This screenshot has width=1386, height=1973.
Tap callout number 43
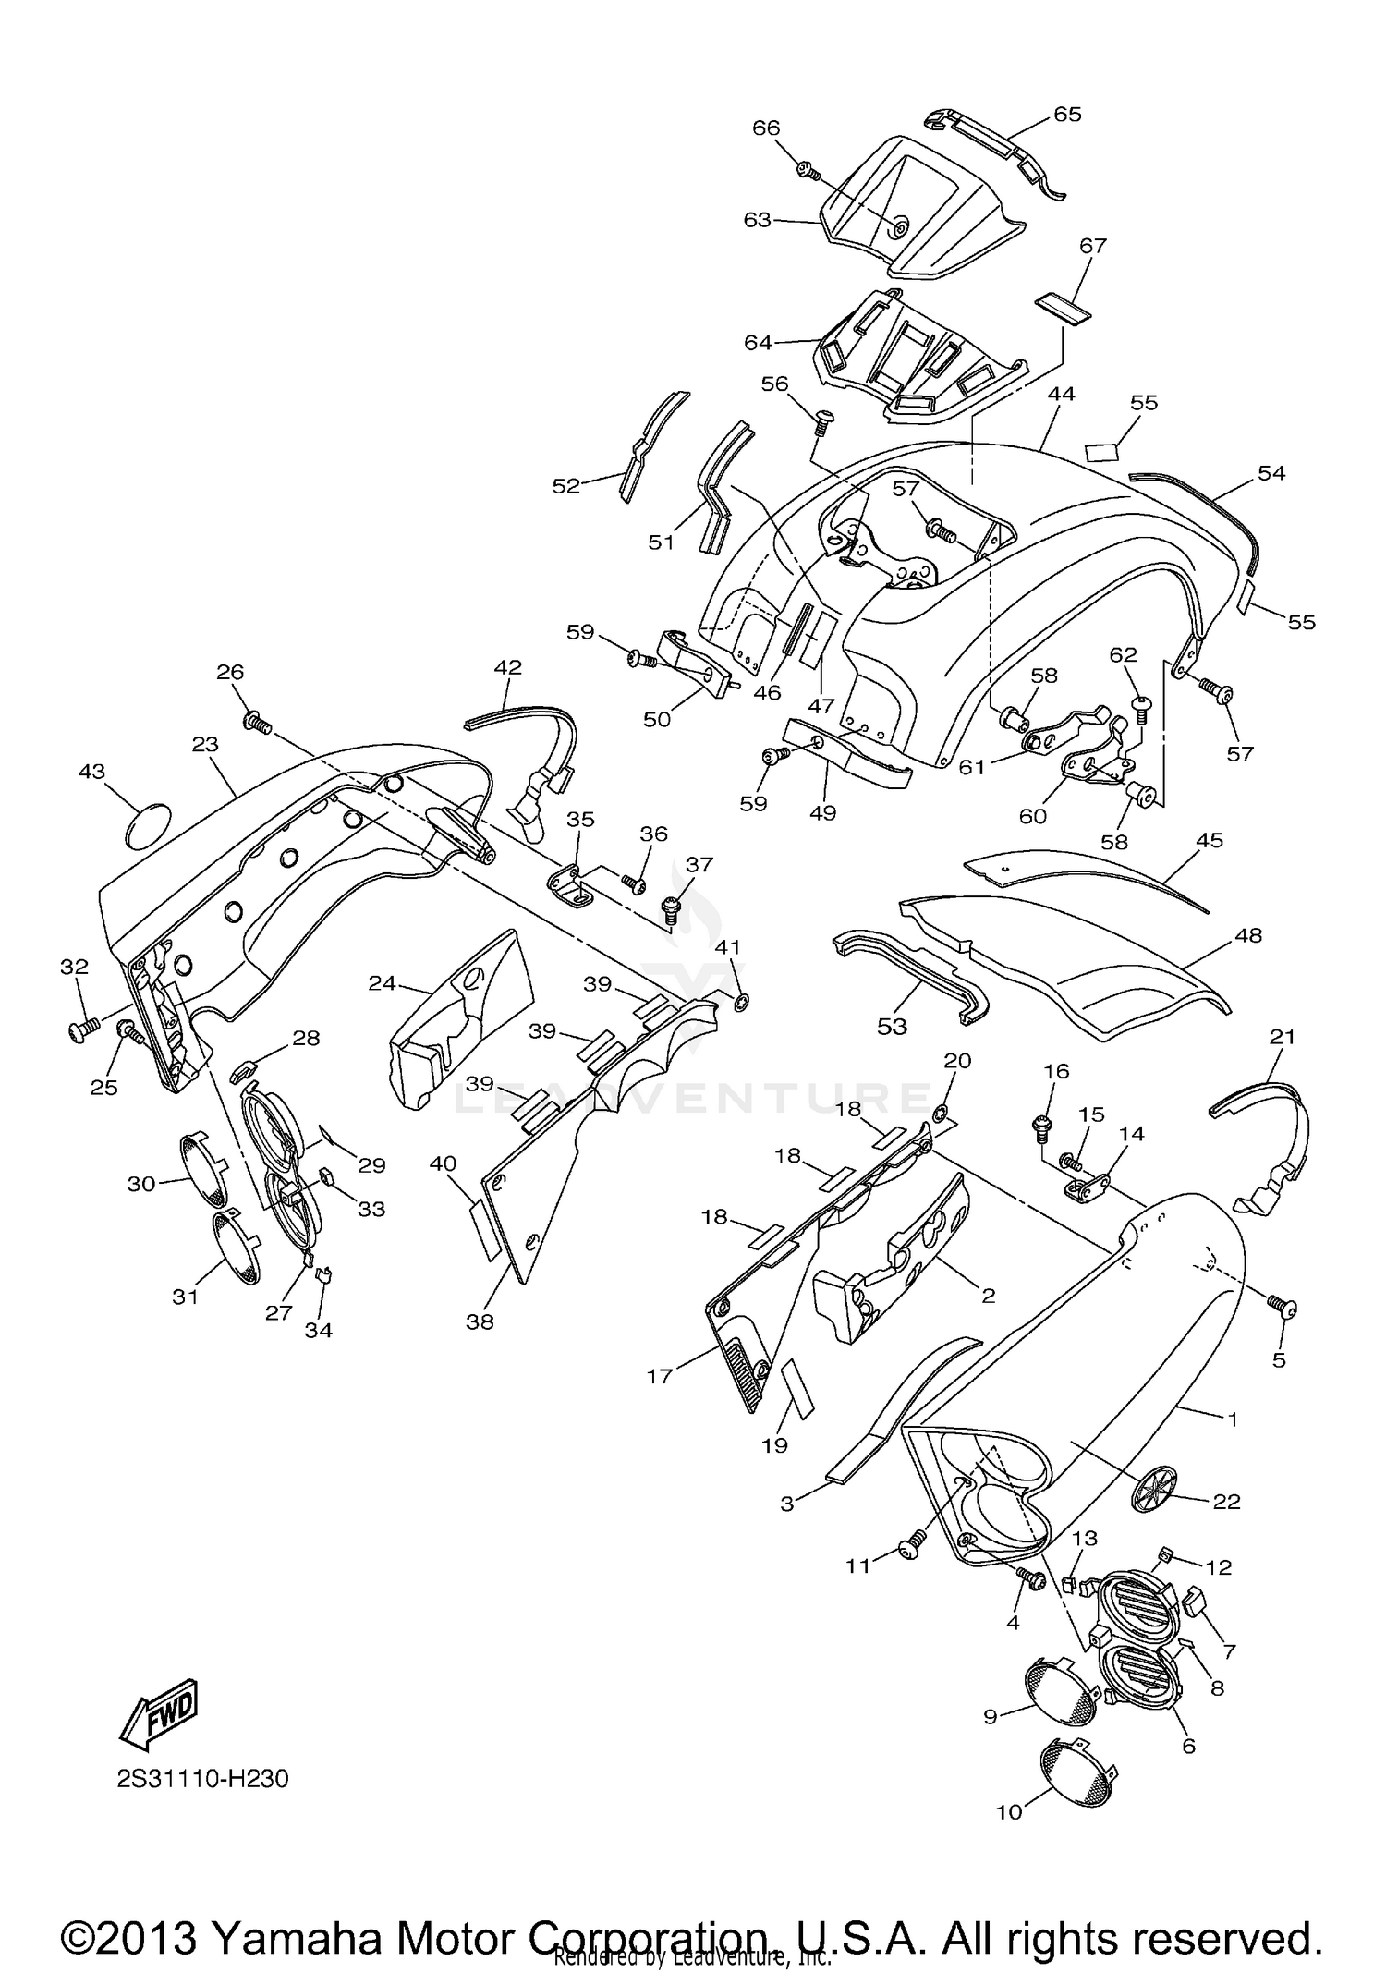click(x=92, y=771)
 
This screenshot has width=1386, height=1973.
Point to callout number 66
click(x=766, y=128)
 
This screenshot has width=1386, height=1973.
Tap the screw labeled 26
click(x=256, y=722)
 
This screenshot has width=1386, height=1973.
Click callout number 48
click(x=1247, y=935)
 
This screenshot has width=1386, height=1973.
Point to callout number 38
click(x=480, y=1322)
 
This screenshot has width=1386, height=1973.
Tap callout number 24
click(x=382, y=983)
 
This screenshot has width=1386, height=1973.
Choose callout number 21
click(x=1283, y=1037)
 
